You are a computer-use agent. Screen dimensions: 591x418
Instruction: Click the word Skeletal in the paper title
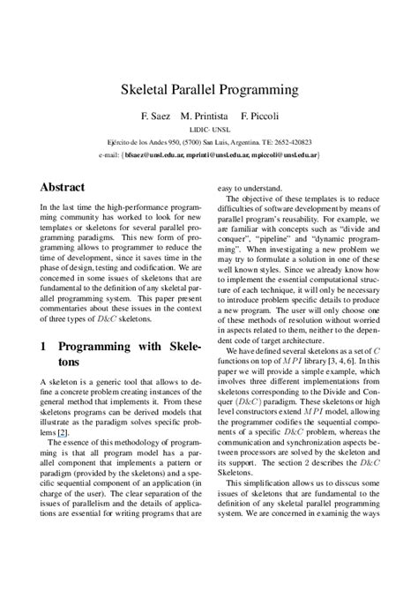pos(146,90)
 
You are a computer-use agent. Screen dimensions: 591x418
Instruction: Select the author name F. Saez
pos(155,116)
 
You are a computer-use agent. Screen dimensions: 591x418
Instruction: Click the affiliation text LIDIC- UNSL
pos(209,129)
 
